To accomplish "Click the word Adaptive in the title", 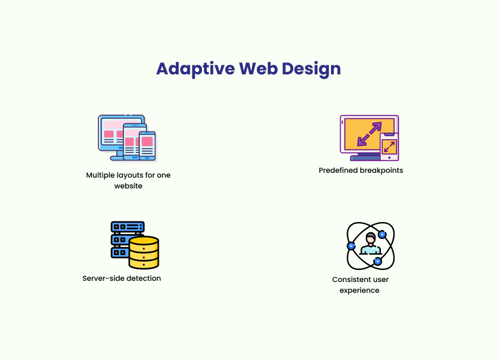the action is coord(196,69).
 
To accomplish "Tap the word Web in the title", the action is coord(258,68).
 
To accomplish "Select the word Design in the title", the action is coord(311,69).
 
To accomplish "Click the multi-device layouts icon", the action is coord(128,138).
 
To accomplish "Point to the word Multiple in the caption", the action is coord(100,175).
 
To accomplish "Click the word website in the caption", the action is coord(128,186).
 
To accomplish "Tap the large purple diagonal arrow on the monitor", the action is coord(369,134).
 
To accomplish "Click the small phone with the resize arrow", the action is coord(389,147).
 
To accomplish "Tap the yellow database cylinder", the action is coord(143,253).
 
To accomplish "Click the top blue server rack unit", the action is coord(128,227).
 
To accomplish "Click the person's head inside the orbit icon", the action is coord(371,238).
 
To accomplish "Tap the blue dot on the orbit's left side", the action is coord(351,246).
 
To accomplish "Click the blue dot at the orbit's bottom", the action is coord(377,262).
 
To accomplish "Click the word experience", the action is coord(359,290).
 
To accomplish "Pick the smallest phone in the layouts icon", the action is coord(148,146).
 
